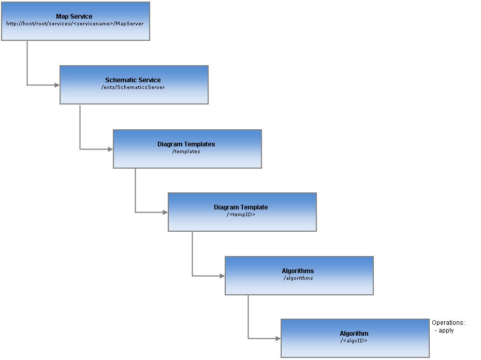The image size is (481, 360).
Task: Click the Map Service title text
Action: click(x=74, y=17)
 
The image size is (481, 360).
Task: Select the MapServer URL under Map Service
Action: click(x=75, y=24)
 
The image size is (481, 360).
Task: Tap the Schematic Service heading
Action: click(x=133, y=80)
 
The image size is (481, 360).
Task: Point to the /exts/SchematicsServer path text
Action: click(x=133, y=87)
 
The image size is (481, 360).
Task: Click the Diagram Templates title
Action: click(x=186, y=144)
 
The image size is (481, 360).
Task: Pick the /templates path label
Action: click(x=186, y=152)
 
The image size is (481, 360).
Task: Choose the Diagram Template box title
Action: click(x=241, y=207)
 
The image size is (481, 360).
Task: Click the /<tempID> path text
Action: click(x=241, y=215)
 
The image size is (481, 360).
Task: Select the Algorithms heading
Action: click(x=298, y=271)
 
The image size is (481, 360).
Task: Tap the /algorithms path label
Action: click(x=298, y=278)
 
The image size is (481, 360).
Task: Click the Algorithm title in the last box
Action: click(x=354, y=334)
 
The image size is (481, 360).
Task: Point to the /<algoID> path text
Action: click(x=354, y=341)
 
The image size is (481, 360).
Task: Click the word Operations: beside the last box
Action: click(x=448, y=323)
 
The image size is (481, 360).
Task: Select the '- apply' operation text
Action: click(x=445, y=331)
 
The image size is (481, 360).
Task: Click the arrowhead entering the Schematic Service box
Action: click(x=57, y=85)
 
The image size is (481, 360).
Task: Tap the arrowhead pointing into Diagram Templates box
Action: click(x=110, y=149)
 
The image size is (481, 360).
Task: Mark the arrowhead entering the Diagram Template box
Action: click(x=165, y=212)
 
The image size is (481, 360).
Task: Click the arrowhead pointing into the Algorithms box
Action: click(x=222, y=276)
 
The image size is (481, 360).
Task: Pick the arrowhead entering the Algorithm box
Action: click(x=278, y=339)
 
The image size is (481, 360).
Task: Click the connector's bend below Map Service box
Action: click(x=27, y=85)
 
